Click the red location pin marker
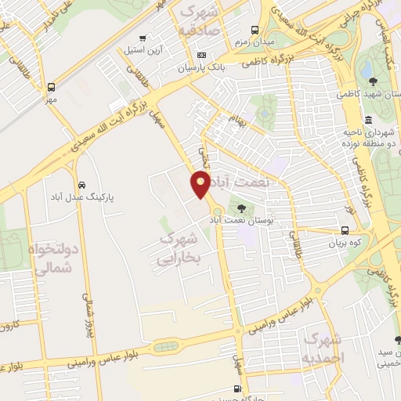click(x=200, y=185)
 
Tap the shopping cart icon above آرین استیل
click(x=142, y=38)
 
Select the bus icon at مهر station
click(x=52, y=88)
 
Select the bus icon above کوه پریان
click(x=345, y=230)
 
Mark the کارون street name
click(x=9, y=323)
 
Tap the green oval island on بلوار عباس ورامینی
click(x=164, y=346)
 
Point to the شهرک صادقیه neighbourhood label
click(x=201, y=21)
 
